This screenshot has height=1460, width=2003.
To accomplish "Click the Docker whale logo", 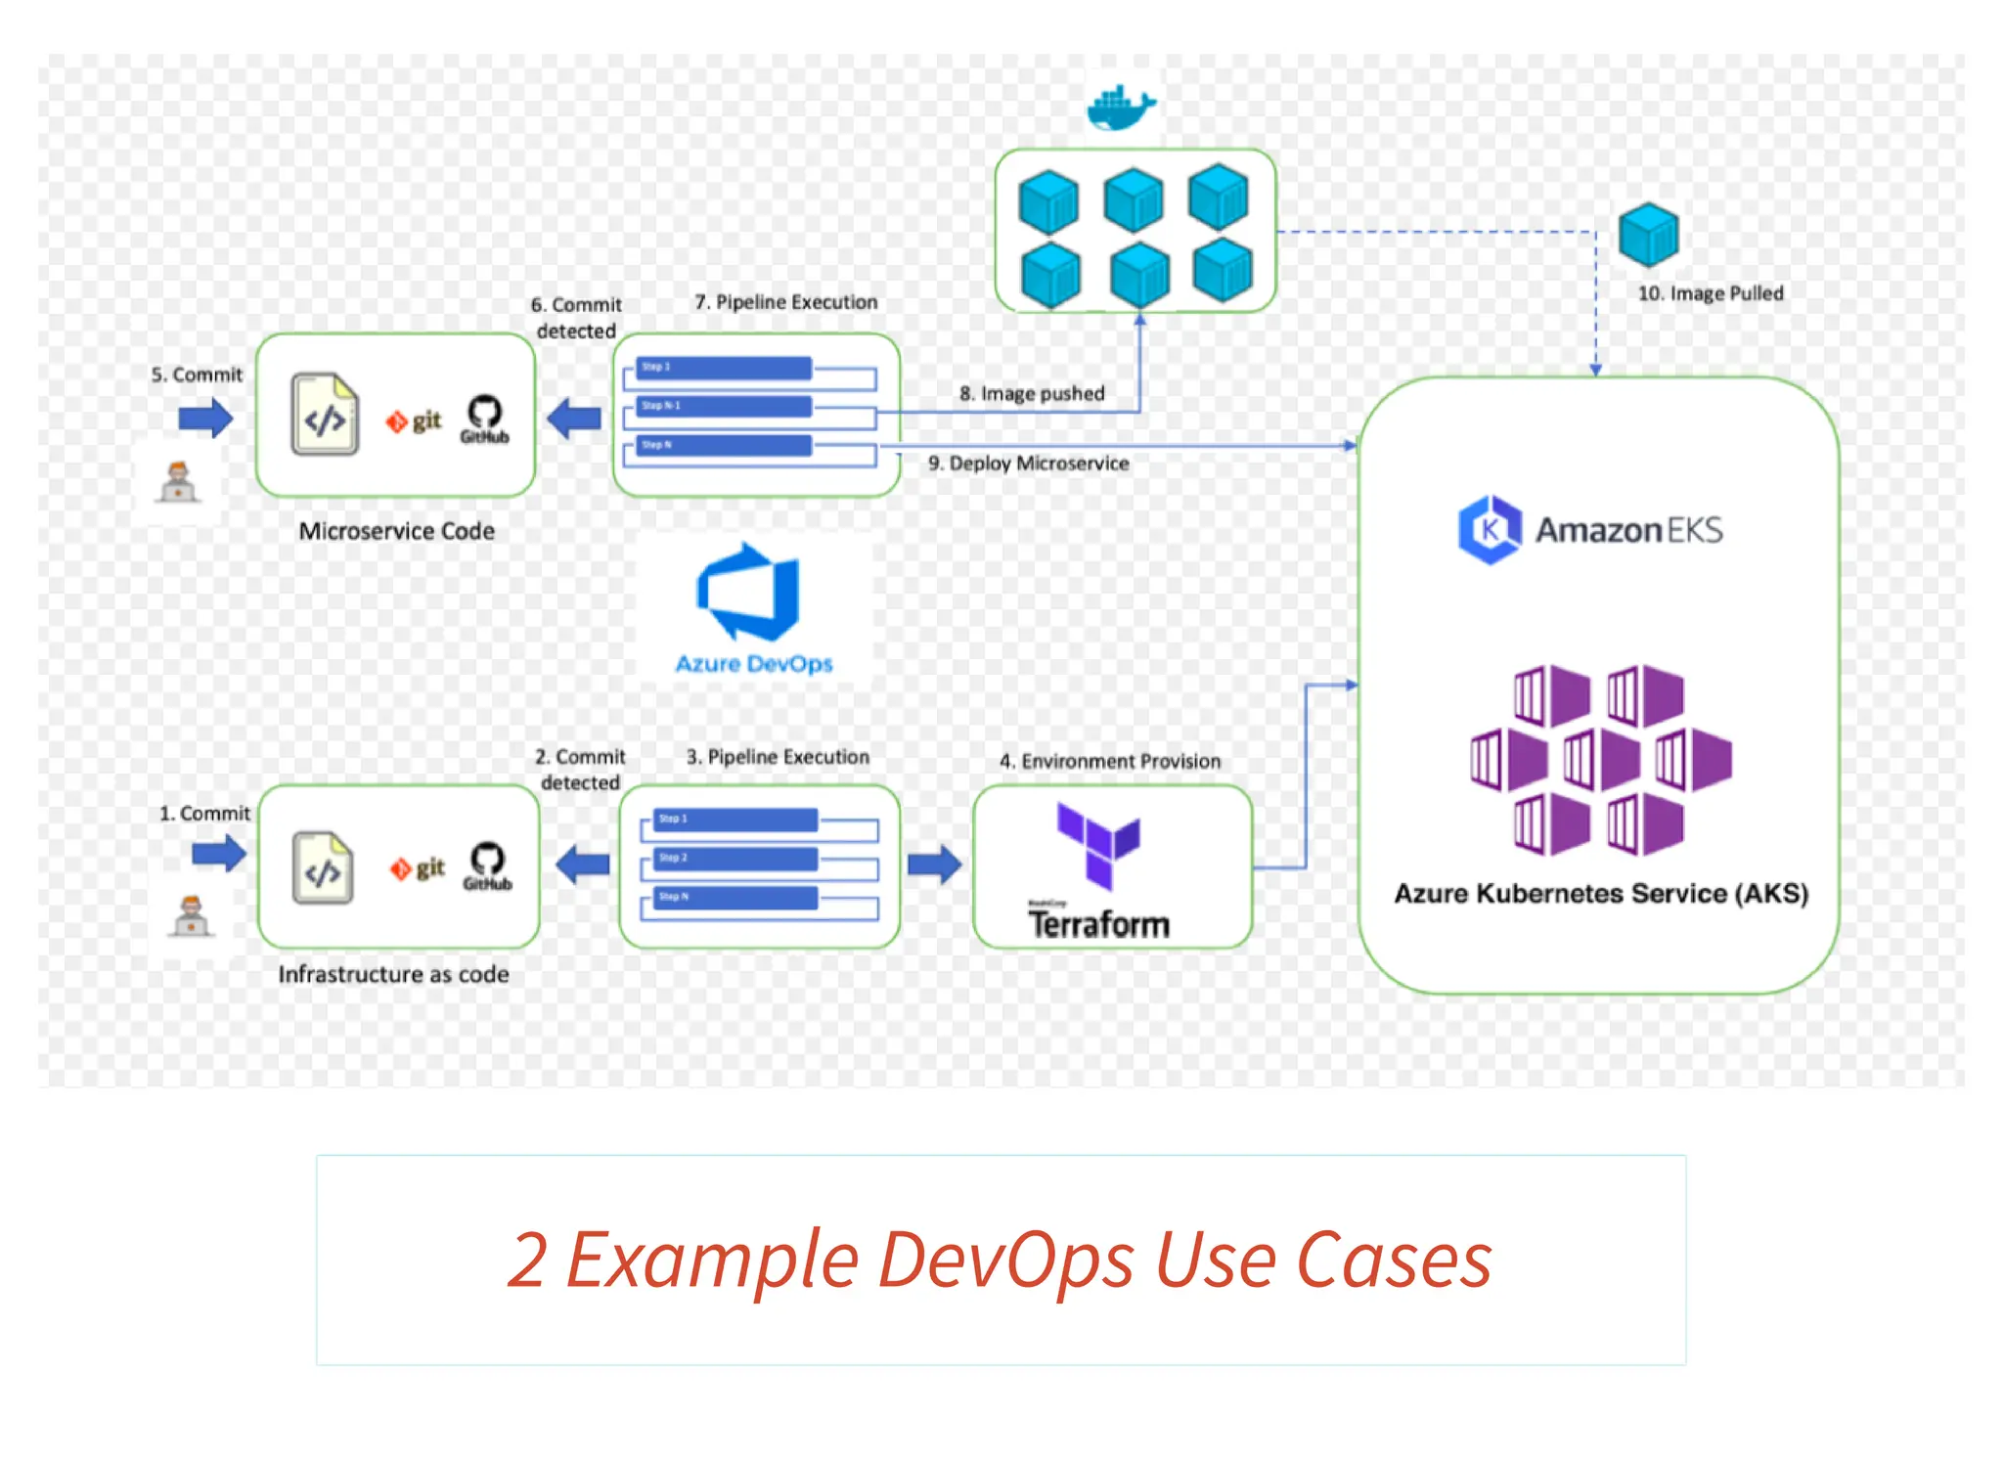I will tap(1121, 108).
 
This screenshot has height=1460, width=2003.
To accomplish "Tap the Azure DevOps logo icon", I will tap(749, 593).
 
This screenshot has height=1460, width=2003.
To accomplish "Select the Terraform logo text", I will tap(1098, 923).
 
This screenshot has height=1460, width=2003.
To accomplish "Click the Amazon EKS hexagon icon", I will tap(1489, 529).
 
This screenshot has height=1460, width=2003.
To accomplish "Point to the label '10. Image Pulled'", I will tap(1710, 293).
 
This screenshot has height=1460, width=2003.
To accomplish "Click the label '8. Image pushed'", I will tap(1031, 393).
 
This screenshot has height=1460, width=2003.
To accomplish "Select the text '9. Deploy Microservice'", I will tap(1028, 464).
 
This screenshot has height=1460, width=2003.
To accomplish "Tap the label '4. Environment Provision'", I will tap(1109, 761).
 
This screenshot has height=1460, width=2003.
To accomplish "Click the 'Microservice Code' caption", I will tap(396, 531).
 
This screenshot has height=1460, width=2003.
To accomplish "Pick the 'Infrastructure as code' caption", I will tap(393, 974).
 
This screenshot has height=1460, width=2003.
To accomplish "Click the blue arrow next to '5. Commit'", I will tap(205, 419).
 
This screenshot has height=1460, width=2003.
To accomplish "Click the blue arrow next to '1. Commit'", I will tap(218, 853).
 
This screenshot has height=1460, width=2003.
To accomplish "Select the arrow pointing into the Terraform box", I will tap(934, 863).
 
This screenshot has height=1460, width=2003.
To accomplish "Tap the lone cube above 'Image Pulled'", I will tap(1648, 235).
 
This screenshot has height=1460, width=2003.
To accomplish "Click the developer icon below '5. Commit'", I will tap(178, 482).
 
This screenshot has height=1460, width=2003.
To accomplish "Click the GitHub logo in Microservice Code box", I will tap(485, 420).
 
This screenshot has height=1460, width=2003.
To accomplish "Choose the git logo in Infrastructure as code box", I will tap(418, 867).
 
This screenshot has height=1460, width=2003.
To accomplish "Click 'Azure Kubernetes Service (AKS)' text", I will tap(1600, 893).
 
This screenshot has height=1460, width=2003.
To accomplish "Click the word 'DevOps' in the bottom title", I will tap(1006, 1260).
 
